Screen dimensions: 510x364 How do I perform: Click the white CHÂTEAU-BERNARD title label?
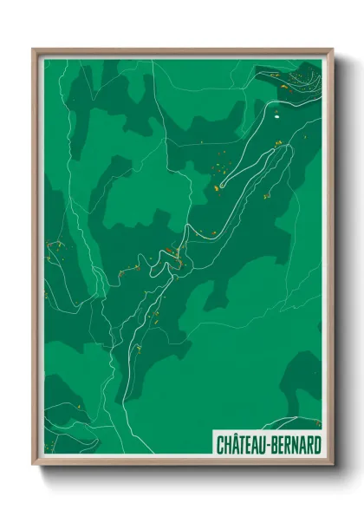pos(266,442)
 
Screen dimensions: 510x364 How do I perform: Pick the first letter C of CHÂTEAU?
pos(218,442)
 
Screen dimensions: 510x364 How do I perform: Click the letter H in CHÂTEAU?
pos(226,442)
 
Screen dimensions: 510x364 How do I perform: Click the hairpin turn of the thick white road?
pos(221,185)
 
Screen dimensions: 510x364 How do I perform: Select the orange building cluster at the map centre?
pos(177,255)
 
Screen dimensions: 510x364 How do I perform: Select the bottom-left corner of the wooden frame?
pos(34,464)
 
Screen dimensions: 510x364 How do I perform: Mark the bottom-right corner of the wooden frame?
pos(332,464)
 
